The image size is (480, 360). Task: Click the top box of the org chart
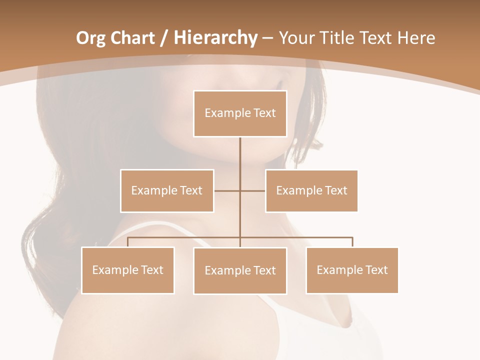[x=240, y=113]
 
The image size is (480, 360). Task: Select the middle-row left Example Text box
[x=167, y=190]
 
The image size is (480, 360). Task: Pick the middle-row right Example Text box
[x=311, y=190]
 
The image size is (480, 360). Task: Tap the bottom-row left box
[x=127, y=270]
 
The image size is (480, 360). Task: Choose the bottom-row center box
[x=240, y=270]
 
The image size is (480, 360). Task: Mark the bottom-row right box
[x=352, y=270]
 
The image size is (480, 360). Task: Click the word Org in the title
[x=90, y=38]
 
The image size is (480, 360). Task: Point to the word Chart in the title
[x=132, y=38]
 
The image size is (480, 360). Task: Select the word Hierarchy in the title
[x=215, y=38]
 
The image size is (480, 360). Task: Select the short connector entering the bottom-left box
[x=127, y=242]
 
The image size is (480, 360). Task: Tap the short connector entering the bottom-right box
[x=352, y=242]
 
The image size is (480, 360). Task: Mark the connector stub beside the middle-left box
[x=226, y=190]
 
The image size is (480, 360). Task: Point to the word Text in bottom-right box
[x=376, y=270]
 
